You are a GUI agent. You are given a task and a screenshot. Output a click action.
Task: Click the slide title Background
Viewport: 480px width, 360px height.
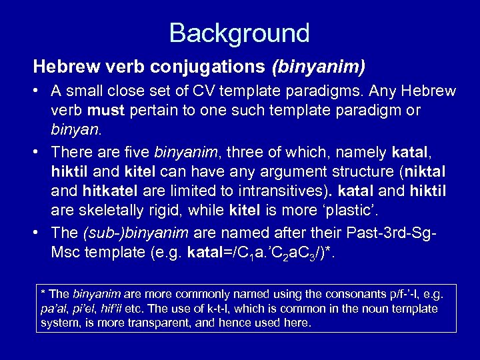239,33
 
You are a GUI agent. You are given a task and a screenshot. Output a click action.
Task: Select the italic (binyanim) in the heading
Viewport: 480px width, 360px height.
318,67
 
